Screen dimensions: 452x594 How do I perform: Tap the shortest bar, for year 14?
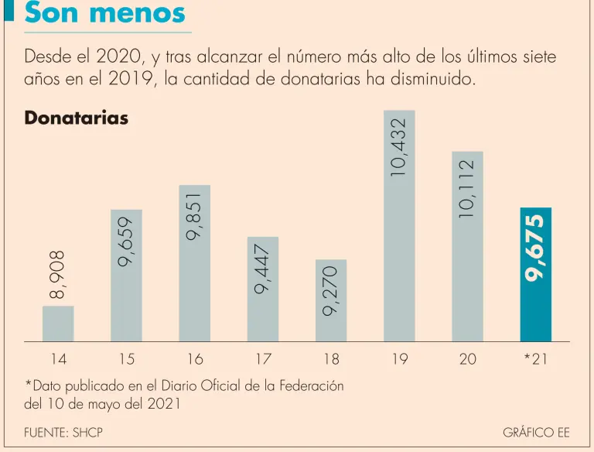pyautogui.click(x=58, y=324)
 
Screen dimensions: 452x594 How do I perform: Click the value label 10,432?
pyautogui.click(x=399, y=148)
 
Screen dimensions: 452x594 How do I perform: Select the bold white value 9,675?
pyautogui.click(x=535, y=248)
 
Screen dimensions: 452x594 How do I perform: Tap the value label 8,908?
pyautogui.click(x=58, y=275)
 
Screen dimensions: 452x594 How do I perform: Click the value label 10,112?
pyautogui.click(x=467, y=188)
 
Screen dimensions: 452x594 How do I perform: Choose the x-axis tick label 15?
pyautogui.click(x=126, y=359)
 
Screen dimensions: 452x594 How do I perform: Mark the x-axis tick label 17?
pyautogui.click(x=263, y=359)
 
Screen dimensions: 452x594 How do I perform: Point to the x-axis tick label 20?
pyautogui.click(x=467, y=359)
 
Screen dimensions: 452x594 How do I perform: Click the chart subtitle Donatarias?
pyautogui.click(x=77, y=118)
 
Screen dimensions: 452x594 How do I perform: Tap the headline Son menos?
pyautogui.click(x=105, y=13)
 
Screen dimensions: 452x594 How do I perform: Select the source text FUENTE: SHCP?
pyautogui.click(x=63, y=433)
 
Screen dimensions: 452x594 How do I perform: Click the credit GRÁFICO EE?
pyautogui.click(x=536, y=433)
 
